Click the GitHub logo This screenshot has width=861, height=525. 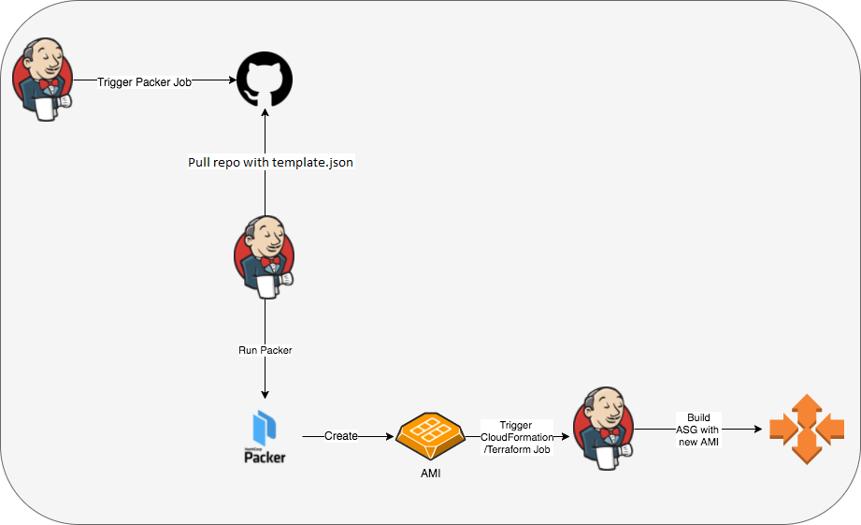(265, 80)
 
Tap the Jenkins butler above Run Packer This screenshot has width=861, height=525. (265, 257)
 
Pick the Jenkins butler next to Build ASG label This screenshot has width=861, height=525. (603, 429)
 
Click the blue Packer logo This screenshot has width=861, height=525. (265, 429)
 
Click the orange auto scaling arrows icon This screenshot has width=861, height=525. (806, 430)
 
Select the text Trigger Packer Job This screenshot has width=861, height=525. (144, 82)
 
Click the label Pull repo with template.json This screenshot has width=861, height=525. (271, 162)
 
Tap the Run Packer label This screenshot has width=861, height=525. (265, 350)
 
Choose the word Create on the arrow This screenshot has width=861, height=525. (341, 436)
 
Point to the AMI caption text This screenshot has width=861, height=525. (430, 474)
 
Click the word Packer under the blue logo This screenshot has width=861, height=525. (265, 458)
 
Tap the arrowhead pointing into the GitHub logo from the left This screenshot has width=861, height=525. (230, 81)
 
